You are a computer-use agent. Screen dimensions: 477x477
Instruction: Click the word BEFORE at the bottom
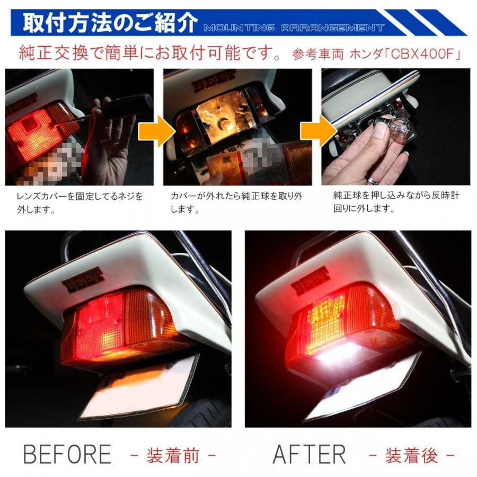point(67,454)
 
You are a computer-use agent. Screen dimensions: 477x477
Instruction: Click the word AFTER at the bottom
point(309,454)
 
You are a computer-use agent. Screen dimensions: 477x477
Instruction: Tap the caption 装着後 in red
point(411,455)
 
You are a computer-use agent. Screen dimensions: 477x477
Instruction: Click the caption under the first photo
point(79,202)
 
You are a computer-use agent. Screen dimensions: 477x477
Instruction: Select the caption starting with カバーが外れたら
point(236,202)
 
